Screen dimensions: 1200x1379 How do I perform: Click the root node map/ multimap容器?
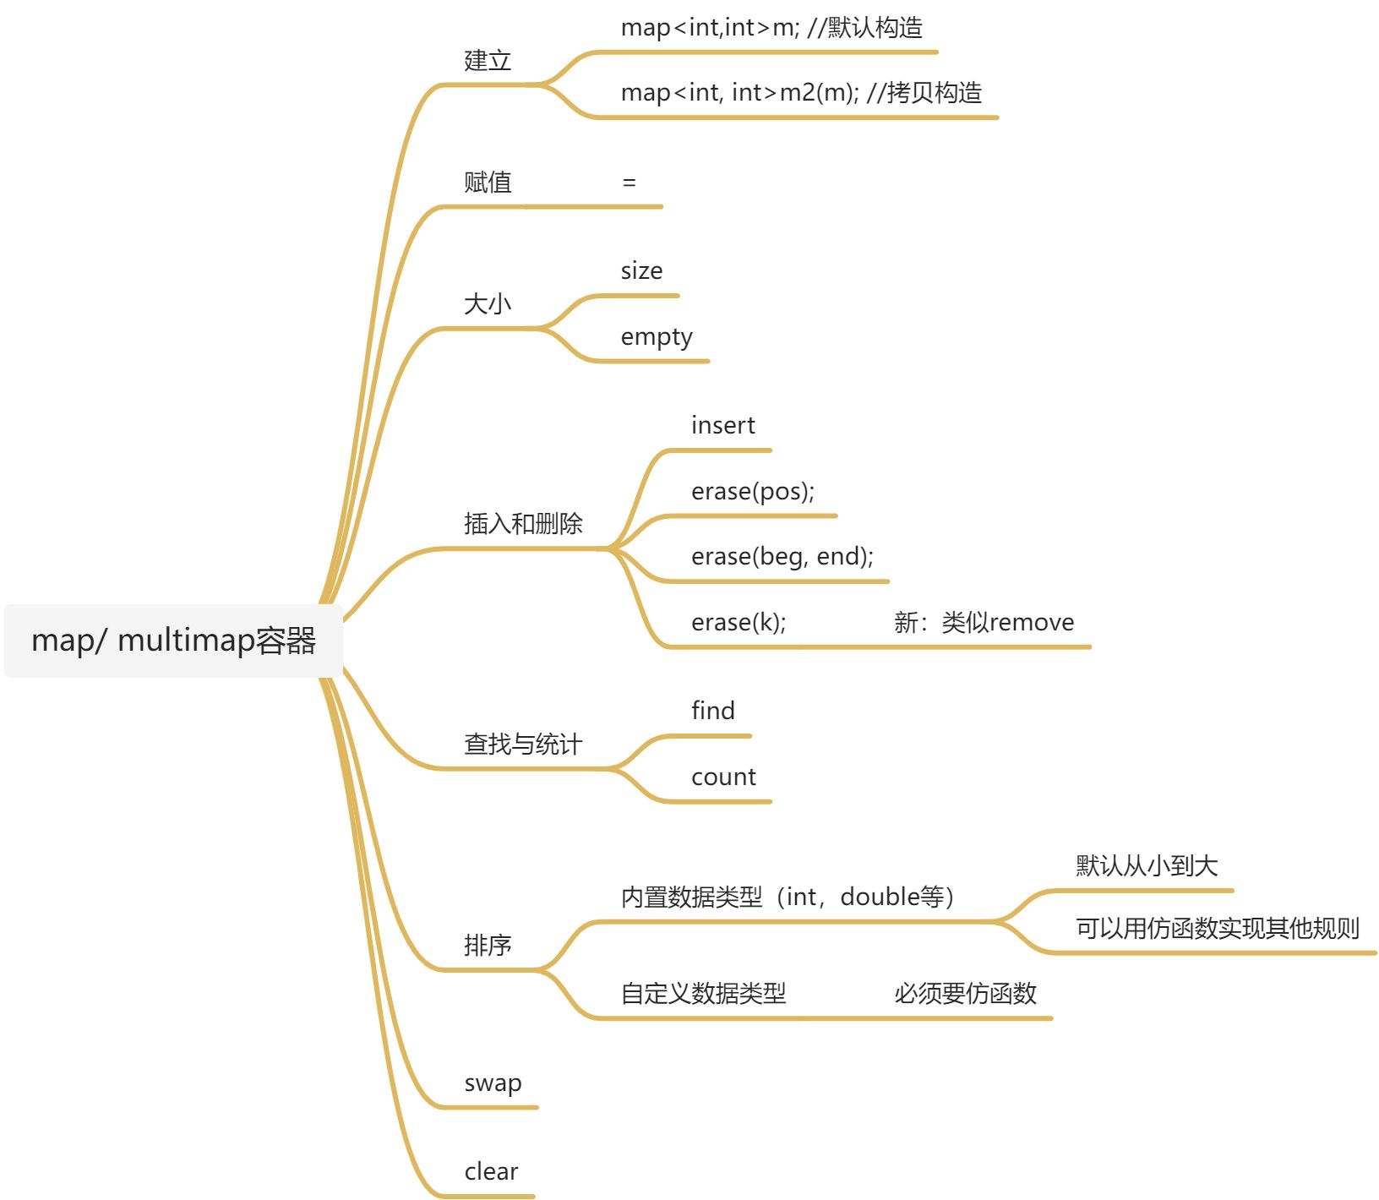(x=173, y=641)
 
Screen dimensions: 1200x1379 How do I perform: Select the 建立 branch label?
(x=488, y=61)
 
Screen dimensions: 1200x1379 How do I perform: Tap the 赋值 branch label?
(x=488, y=183)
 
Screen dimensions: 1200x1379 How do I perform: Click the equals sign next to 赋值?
(x=629, y=183)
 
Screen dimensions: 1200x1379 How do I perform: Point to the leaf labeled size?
(x=641, y=271)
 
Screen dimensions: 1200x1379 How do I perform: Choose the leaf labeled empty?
(x=657, y=337)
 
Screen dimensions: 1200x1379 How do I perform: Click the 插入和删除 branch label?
(x=523, y=524)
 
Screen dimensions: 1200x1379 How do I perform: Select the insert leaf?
(x=722, y=426)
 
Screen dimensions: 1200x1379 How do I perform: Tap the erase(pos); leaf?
(x=753, y=492)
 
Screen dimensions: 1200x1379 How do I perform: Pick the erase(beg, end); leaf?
(x=782, y=557)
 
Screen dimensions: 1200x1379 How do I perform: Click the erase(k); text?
(x=739, y=623)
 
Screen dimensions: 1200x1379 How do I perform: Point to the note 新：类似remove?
(x=984, y=623)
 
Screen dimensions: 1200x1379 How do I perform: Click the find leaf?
(x=713, y=711)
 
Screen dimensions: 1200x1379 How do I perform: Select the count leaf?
(x=723, y=777)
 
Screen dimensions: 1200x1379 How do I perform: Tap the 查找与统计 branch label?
(x=523, y=745)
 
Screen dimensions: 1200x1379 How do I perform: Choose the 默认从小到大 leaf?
(x=1147, y=865)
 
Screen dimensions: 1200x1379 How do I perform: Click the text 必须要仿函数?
(x=965, y=994)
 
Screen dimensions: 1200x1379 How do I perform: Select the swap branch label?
(x=493, y=1083)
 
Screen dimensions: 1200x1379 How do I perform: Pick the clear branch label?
(x=491, y=1172)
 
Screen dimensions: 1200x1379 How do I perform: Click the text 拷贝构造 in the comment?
(x=935, y=92)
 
